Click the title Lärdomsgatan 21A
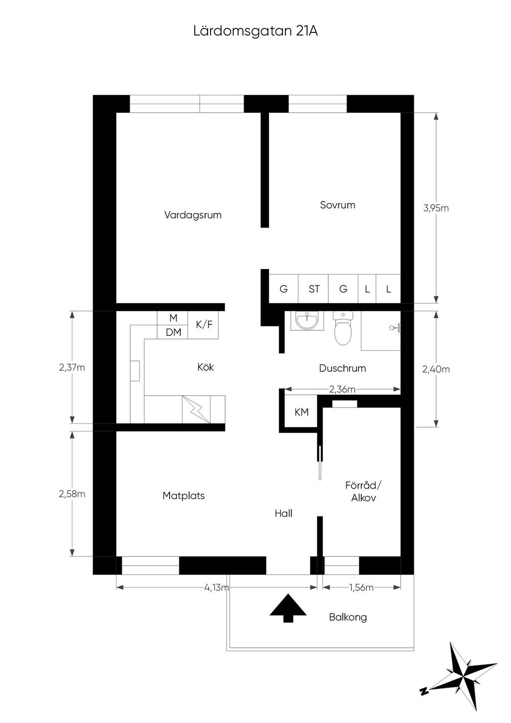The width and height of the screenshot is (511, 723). [255, 31]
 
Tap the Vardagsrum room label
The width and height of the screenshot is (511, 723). [193, 215]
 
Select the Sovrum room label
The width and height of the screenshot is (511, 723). [338, 205]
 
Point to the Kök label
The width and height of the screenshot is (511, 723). [206, 367]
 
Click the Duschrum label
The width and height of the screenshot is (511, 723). [342, 368]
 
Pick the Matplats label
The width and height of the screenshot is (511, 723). [184, 495]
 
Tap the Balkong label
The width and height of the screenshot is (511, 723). [348, 617]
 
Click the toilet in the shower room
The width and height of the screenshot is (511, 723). [343, 328]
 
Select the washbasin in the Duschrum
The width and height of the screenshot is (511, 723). [307, 321]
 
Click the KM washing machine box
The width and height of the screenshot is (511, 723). [301, 412]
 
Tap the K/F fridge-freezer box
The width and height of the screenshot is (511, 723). [204, 324]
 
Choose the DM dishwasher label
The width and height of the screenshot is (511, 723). [174, 332]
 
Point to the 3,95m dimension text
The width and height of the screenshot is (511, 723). [436, 208]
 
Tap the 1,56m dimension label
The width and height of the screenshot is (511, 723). [361, 587]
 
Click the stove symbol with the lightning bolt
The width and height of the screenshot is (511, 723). [196, 409]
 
